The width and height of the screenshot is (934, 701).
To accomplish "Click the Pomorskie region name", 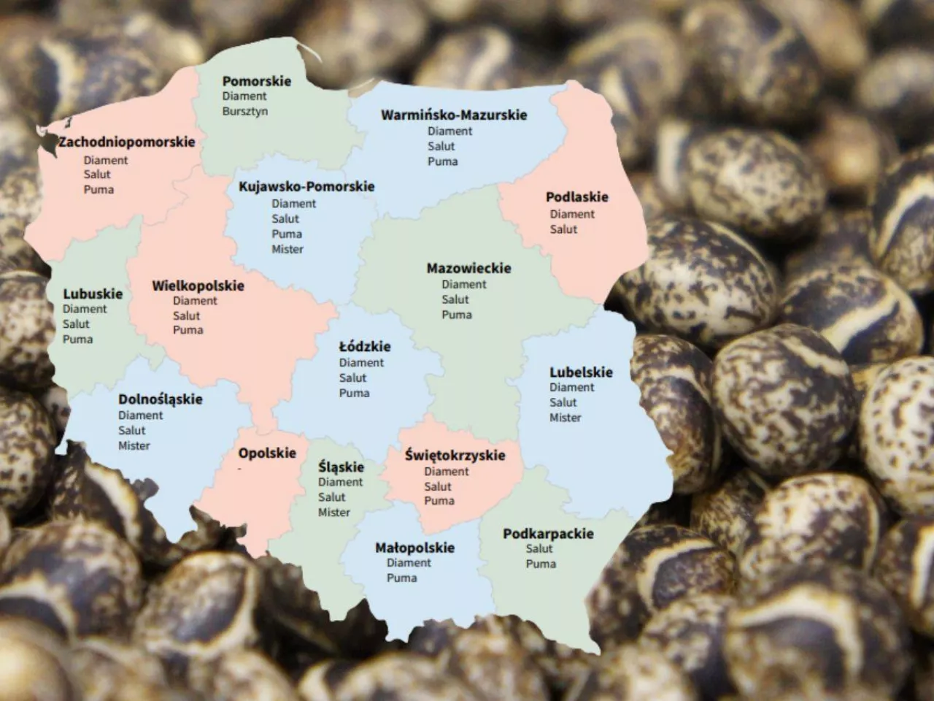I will (256, 81).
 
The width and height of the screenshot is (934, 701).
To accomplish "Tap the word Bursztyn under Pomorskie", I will (245, 111).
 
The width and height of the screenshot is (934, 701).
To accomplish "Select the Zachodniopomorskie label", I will (127, 142).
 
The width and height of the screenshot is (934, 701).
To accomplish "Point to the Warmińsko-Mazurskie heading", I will (454, 115).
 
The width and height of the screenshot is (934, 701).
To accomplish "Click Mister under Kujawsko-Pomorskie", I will (287, 249).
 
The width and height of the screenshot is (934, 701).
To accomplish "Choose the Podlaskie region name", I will (576, 197).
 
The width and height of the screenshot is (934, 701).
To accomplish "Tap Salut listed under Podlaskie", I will (563, 229).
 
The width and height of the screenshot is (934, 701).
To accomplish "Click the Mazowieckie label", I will (468, 268).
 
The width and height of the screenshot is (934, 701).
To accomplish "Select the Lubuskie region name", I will (93, 294).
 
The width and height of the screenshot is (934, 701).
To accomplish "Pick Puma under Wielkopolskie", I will (188, 330).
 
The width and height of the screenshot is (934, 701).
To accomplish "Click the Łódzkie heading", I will (365, 346).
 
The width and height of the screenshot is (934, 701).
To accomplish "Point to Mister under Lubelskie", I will (566, 418).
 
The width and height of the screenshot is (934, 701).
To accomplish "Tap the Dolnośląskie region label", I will (161, 399).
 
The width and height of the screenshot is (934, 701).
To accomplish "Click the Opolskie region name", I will (267, 453).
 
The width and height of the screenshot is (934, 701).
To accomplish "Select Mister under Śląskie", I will (333, 513).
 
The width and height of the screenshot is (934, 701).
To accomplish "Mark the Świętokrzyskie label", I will (455, 455).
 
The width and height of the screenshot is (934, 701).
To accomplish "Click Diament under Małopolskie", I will (409, 563).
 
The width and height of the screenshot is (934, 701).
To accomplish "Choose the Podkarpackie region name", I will (548, 534).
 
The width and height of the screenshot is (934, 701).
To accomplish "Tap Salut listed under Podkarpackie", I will (539, 548).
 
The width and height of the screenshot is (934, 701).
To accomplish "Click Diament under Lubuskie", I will (85, 309).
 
